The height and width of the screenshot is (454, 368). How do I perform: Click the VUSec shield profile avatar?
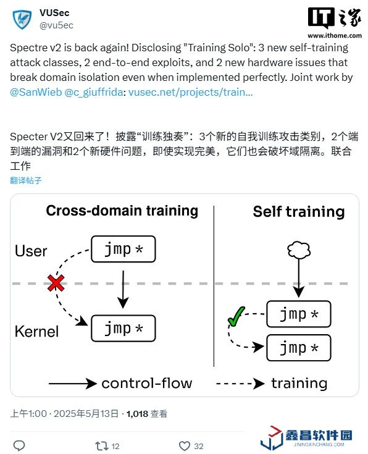tap(22, 19)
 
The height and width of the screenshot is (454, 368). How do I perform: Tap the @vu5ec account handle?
tap(56, 25)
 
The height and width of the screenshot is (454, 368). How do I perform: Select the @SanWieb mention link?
tap(36, 92)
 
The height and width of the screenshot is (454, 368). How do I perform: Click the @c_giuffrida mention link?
tap(94, 92)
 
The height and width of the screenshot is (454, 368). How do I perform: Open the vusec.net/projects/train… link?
tap(191, 92)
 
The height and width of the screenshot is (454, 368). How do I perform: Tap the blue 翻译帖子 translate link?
tap(26, 180)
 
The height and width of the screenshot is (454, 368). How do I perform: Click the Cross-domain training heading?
tap(122, 211)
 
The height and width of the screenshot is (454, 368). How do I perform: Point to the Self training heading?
tap(299, 212)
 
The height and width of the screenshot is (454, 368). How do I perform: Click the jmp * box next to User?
tap(123, 250)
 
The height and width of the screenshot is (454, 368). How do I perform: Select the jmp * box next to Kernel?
tap(123, 329)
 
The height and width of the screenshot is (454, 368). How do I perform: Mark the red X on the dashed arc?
tap(56, 283)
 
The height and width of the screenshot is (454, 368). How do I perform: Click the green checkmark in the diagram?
tap(236, 316)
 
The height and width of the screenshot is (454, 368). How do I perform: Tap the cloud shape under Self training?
tap(299, 250)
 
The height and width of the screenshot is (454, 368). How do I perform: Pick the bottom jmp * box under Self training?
tap(298, 348)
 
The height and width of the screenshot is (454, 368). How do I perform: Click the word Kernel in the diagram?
tap(37, 331)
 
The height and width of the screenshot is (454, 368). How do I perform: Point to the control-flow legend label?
tap(147, 384)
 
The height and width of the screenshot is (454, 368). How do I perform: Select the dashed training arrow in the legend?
tap(240, 384)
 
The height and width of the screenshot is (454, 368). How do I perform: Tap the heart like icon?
tap(185, 446)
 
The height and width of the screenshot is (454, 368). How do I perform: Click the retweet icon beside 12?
tap(102, 446)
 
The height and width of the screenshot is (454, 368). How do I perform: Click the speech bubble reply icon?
tap(19, 446)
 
